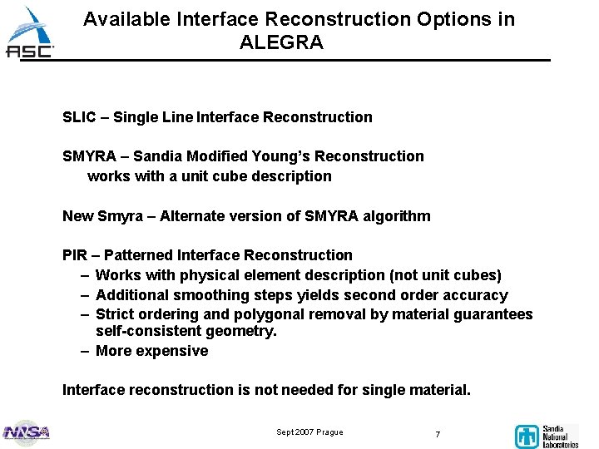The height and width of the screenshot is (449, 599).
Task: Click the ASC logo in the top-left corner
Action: coord(30,33)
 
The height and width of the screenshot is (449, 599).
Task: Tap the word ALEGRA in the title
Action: coord(281,42)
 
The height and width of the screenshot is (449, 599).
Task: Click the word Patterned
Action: coord(139,255)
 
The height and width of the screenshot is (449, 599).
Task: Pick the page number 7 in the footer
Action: coord(438,434)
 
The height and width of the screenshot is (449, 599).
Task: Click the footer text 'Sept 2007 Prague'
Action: coord(309,432)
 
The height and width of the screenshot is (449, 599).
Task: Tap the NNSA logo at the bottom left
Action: coord(27,432)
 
